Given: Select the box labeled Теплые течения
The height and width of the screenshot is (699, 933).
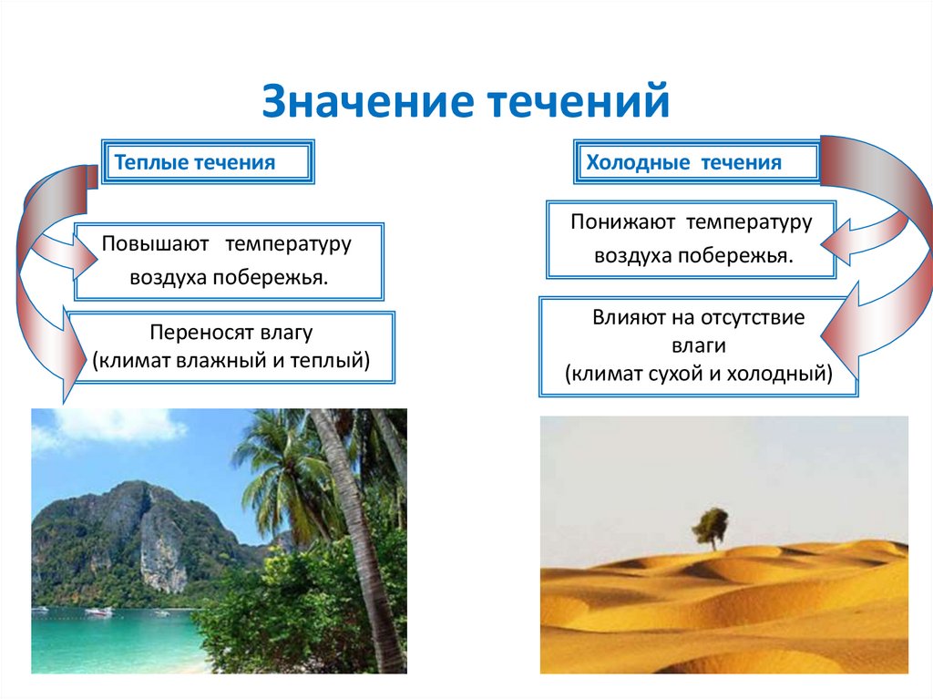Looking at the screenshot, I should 208,163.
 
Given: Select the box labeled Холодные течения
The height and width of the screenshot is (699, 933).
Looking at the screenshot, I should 696,163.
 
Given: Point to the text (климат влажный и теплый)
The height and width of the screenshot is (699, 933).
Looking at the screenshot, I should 231,360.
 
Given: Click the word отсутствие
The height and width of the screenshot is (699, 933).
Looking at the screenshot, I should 753,319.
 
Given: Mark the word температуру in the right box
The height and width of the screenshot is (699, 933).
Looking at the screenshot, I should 749,221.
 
